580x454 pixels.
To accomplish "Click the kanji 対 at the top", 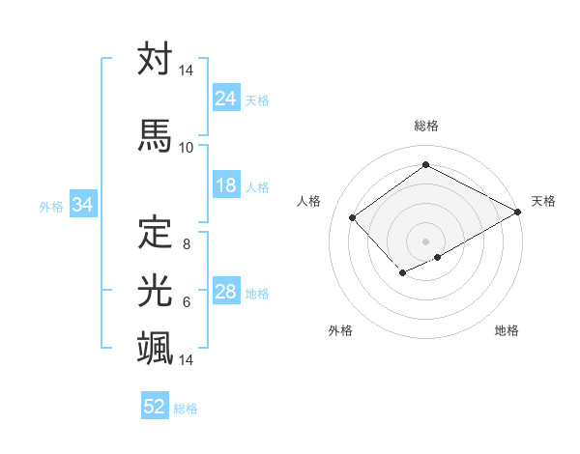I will [x=156, y=61].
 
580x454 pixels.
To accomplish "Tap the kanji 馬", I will [x=156, y=135].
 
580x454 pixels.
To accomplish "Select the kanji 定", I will [x=156, y=232].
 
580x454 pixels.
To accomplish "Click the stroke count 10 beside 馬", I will [x=186, y=148].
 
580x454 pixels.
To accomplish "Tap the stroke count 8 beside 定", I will [x=186, y=244].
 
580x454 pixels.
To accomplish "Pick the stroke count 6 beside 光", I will [x=186, y=302].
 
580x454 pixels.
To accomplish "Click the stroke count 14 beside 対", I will [x=186, y=71].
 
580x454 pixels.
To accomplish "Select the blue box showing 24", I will [x=226, y=99].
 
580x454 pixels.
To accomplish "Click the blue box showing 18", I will [x=226, y=185].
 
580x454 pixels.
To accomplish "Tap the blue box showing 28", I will [x=226, y=293].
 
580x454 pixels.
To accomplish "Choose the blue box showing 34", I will [x=82, y=205].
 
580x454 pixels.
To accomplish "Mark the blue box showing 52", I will [x=155, y=407].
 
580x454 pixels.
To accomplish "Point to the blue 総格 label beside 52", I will [x=187, y=409].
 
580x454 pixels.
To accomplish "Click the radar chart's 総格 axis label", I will [x=425, y=126].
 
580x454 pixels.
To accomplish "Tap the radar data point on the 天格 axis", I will [x=518, y=213].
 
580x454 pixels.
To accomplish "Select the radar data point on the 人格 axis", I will [x=353, y=218].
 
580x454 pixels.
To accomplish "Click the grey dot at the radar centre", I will [x=425, y=240].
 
